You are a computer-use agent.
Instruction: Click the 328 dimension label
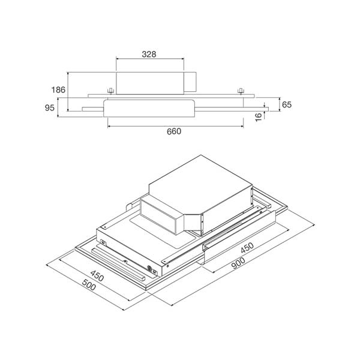(x=149, y=54)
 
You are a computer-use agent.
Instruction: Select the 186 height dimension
(x=58, y=90)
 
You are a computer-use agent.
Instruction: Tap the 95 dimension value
(x=50, y=108)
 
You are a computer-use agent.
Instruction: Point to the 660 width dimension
(x=173, y=131)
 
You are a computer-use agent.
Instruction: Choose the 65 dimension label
(x=286, y=104)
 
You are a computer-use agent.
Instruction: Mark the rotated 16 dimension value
(x=259, y=116)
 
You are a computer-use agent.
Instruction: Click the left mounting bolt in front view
(x=110, y=91)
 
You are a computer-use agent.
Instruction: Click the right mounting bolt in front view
(x=241, y=91)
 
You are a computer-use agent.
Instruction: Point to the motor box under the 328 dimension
(x=150, y=82)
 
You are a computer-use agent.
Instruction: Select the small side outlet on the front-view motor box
(x=190, y=82)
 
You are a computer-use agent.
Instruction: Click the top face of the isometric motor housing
(x=198, y=180)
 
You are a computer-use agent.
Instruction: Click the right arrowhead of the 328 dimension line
(x=182, y=59)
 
